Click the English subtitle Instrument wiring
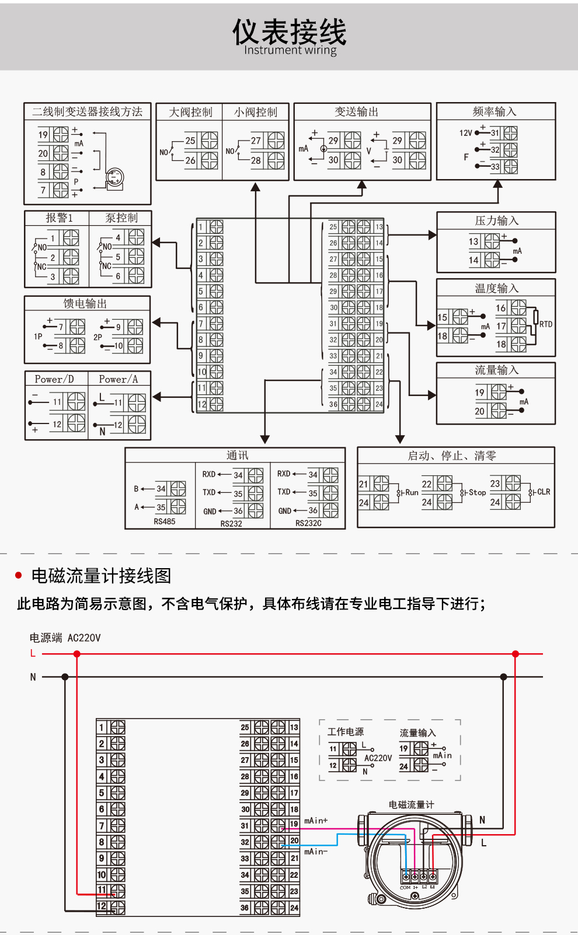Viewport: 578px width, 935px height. coord(290,50)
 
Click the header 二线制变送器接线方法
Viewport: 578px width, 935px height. coord(87,111)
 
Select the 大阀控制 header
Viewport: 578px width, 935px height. coord(190,112)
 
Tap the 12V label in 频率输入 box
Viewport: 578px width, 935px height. coord(465,133)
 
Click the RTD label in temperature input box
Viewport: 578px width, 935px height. coord(545,324)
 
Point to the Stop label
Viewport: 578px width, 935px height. coord(477,492)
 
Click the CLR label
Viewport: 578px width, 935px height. coord(544,492)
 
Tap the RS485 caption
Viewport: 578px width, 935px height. coord(164,521)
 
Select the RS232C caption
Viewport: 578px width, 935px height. coord(308,523)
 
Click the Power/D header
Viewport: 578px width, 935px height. coord(54,379)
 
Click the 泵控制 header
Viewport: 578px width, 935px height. coord(121,218)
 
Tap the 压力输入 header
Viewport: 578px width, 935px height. coord(496,220)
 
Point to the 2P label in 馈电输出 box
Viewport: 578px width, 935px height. coord(98,337)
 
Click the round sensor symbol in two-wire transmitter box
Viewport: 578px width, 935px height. coord(114,177)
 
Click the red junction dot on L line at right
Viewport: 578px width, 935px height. coord(516,654)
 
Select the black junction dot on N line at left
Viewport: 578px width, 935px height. coord(65,677)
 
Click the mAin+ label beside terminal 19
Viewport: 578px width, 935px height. coord(316,821)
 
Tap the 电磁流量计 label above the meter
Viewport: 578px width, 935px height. coord(411,804)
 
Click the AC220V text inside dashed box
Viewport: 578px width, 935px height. coord(378,758)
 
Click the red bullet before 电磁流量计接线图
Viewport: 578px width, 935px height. coord(18,576)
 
